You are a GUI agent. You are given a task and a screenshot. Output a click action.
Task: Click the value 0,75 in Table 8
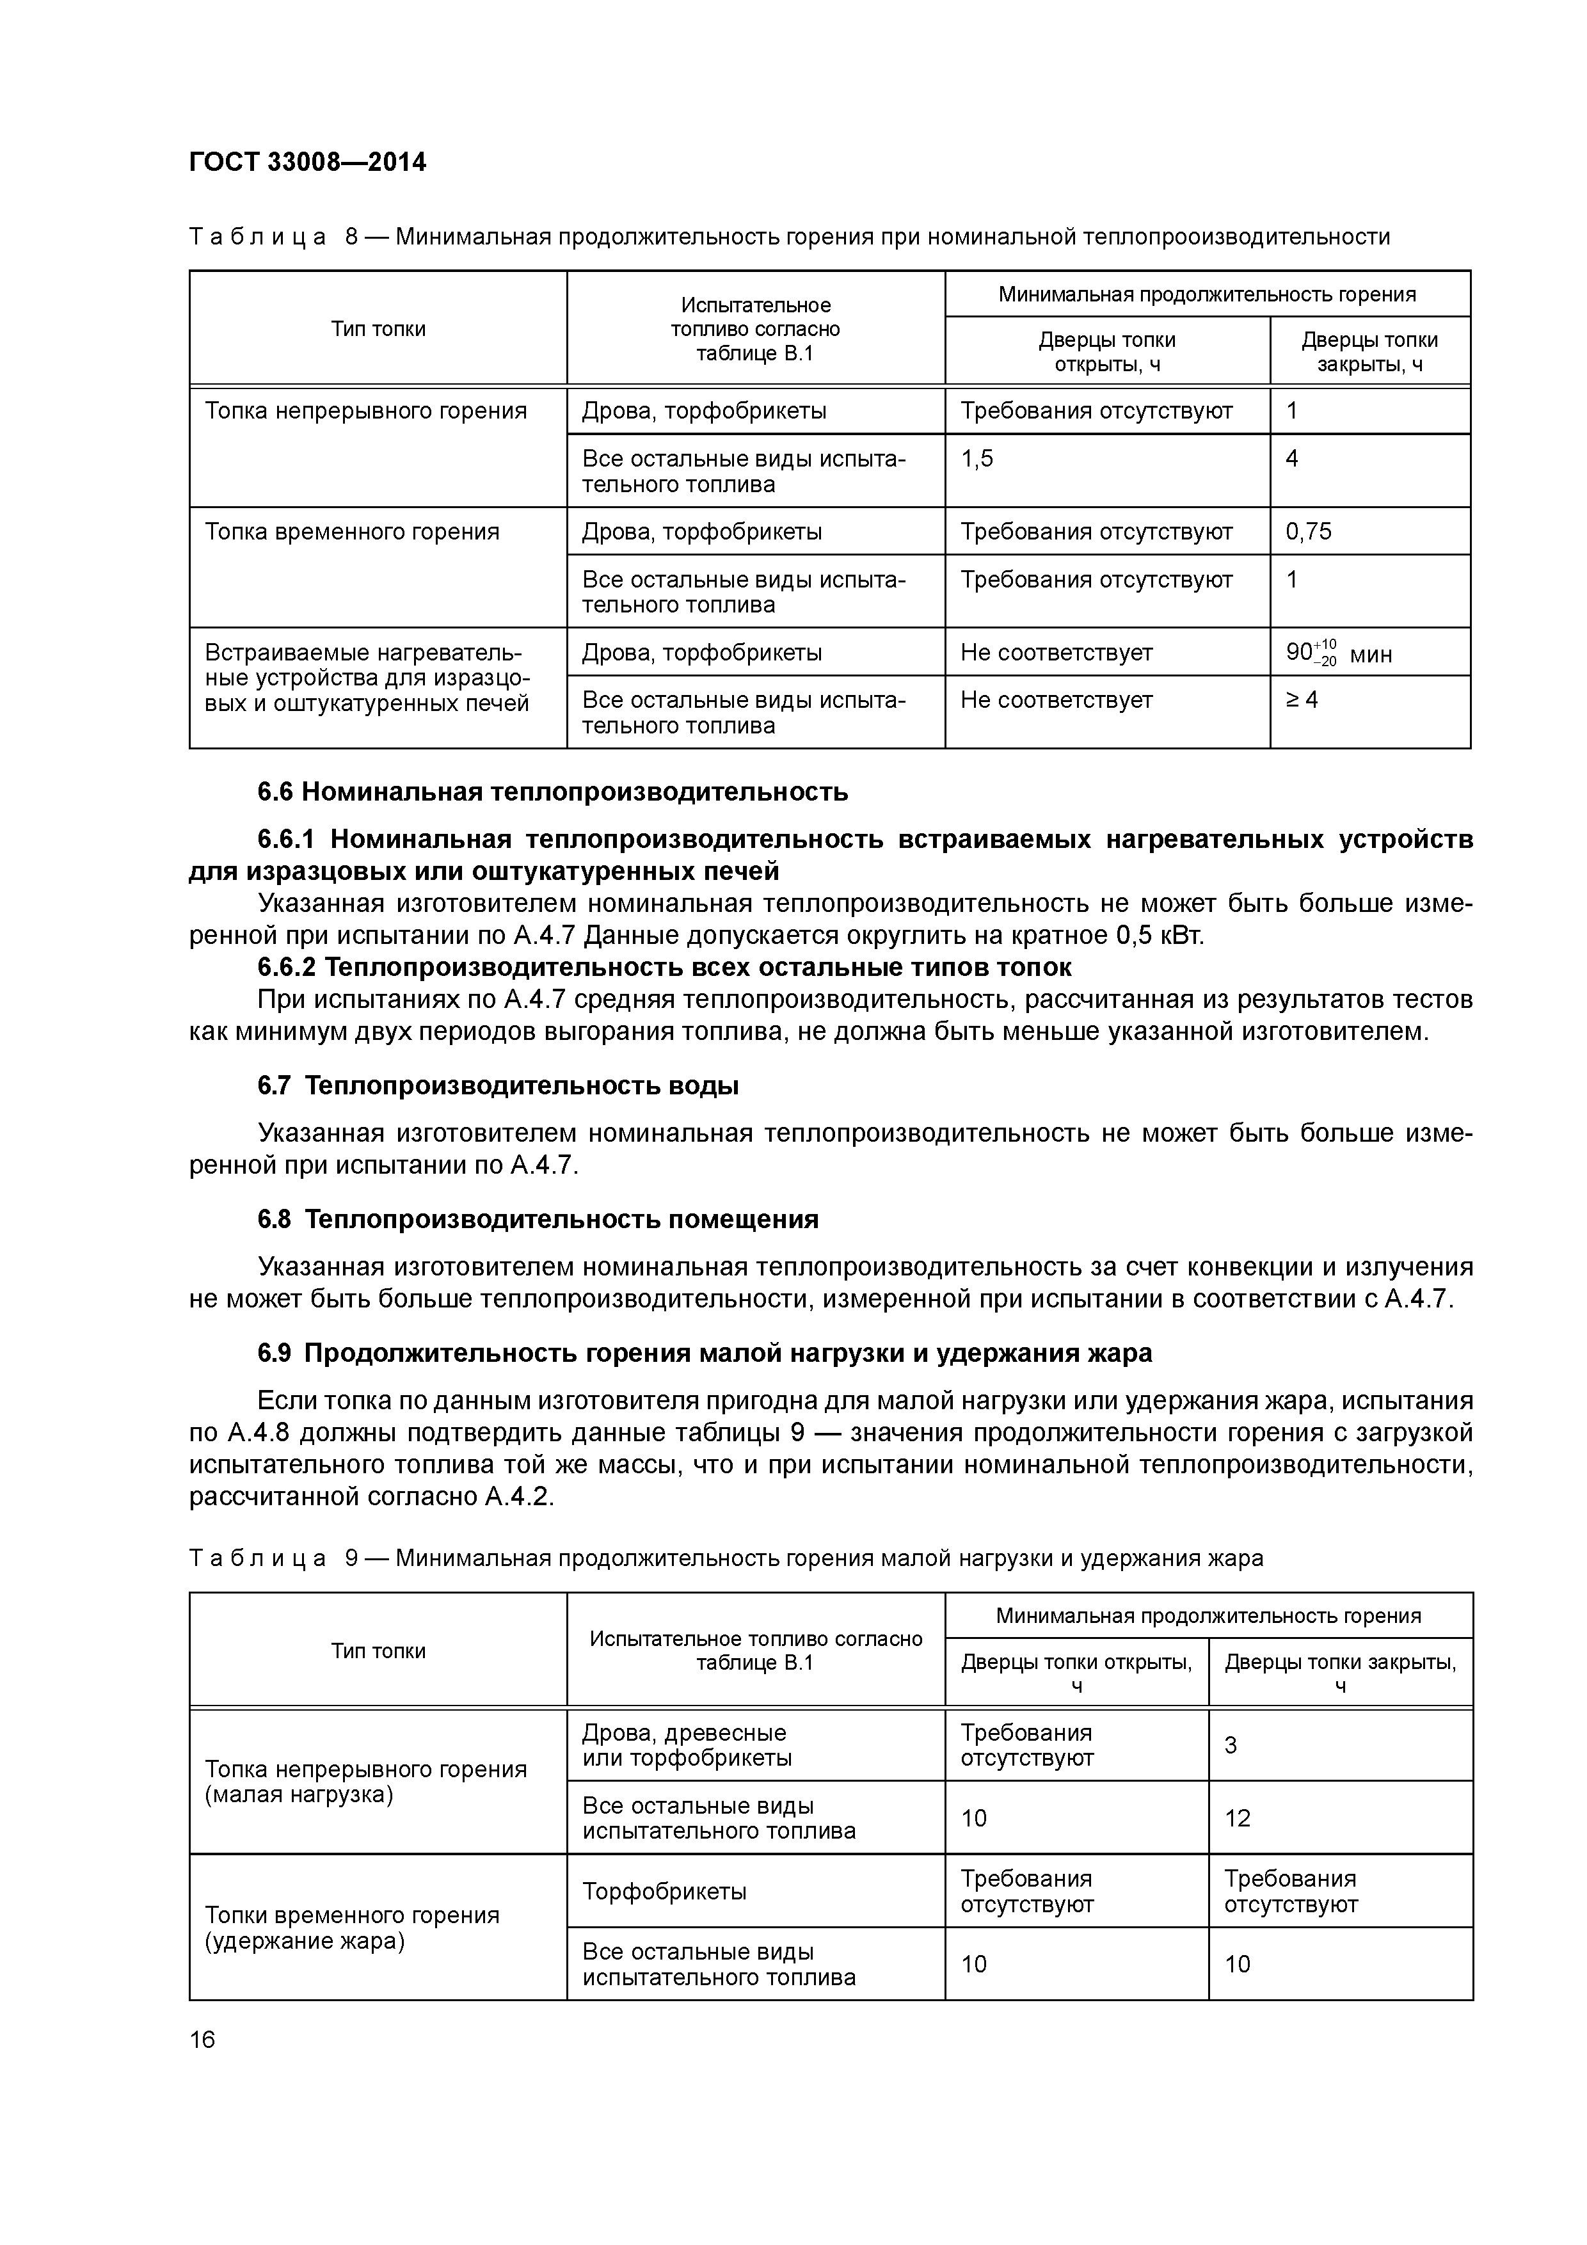[x=1309, y=532]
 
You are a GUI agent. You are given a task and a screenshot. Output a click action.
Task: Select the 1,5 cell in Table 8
[x=977, y=459]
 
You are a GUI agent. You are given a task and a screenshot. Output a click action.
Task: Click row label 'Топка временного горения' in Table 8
[x=352, y=532]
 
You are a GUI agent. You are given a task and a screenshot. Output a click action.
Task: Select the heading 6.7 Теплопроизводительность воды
[x=498, y=1085]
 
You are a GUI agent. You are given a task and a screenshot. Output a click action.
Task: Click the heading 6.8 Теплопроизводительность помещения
[x=538, y=1219]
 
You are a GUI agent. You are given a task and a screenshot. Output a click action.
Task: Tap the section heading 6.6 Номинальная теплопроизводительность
[x=552, y=791]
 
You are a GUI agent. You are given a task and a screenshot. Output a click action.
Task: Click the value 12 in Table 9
[x=1237, y=1818]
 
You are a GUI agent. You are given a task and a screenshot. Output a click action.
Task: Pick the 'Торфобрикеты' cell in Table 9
[x=664, y=1891]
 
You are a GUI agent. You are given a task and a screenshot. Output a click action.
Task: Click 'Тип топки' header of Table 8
[x=378, y=328]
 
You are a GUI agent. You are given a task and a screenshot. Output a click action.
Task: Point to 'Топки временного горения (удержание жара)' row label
[x=352, y=1927]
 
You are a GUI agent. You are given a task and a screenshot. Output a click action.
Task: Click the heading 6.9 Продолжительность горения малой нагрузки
[x=704, y=1354]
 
